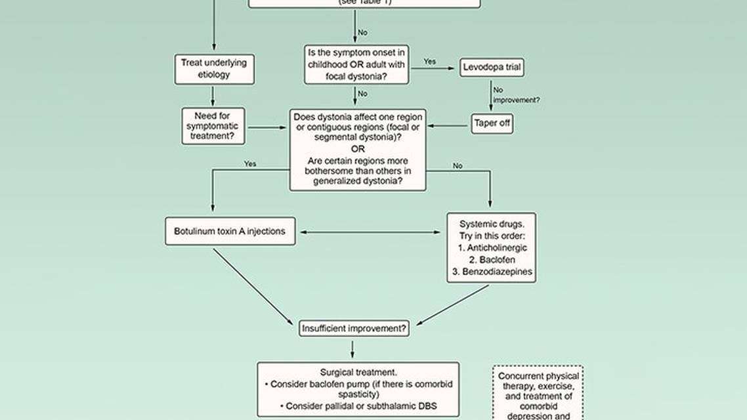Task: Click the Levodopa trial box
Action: [492, 68]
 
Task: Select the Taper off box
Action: [492, 124]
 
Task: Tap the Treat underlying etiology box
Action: [214, 69]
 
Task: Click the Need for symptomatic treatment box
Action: [213, 126]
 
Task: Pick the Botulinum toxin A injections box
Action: [230, 232]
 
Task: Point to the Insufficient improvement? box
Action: [354, 327]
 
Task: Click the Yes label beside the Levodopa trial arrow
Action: [429, 62]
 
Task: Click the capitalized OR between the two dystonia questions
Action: [358, 148]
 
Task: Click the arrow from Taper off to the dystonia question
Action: [449, 125]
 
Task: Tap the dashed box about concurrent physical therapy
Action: [538, 392]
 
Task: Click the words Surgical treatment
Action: [358, 372]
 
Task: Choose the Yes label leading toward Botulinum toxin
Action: [250, 164]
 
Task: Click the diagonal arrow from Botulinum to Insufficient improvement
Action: [253, 285]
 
